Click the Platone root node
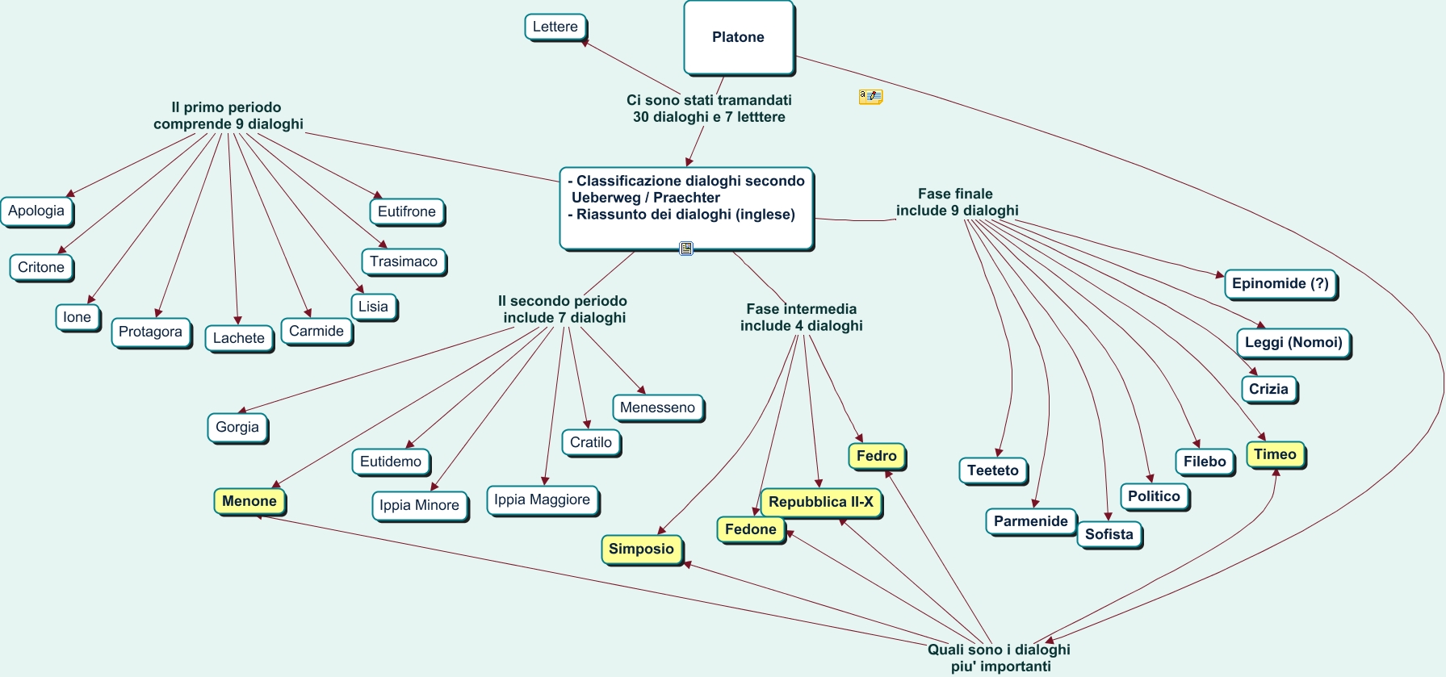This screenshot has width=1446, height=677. (738, 37)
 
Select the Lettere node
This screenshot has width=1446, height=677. (555, 27)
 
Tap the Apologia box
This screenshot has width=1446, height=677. (36, 211)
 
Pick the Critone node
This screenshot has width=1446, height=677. (41, 267)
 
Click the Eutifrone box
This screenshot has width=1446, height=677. (406, 211)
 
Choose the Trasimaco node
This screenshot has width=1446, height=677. (404, 261)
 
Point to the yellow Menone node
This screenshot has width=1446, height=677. (249, 501)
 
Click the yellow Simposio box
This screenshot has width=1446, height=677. (641, 549)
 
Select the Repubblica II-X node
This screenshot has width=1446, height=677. (820, 502)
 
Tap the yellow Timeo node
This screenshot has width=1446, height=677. (1275, 454)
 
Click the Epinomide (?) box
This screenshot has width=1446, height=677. (1280, 283)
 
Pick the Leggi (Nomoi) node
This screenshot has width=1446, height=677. (1293, 342)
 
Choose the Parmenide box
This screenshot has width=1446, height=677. (1030, 521)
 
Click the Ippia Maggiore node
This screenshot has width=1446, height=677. (542, 499)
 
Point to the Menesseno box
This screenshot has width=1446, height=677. (657, 407)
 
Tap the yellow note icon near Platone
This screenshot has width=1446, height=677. (870, 97)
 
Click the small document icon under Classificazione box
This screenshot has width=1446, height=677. (686, 249)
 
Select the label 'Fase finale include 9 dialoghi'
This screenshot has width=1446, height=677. (957, 202)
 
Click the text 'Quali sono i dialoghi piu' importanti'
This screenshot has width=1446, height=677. (1000, 658)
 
